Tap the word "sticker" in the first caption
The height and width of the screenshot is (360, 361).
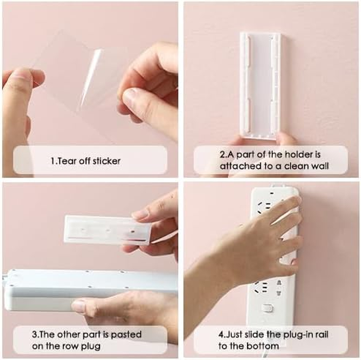[x=106, y=161]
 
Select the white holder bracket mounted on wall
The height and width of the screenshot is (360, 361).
[x=260, y=83]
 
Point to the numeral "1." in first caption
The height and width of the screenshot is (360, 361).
[x=53, y=161]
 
